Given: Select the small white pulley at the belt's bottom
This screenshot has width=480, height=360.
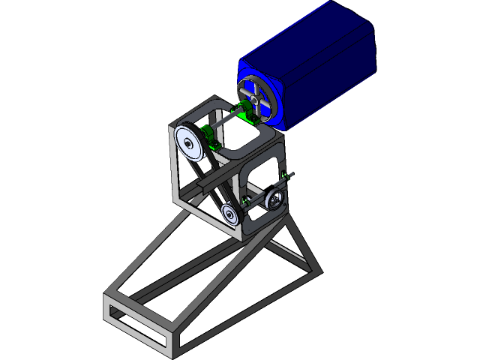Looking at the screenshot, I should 232,215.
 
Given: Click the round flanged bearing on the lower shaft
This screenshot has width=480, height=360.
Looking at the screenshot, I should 275,200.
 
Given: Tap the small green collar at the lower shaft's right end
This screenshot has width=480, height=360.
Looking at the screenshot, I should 283,176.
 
